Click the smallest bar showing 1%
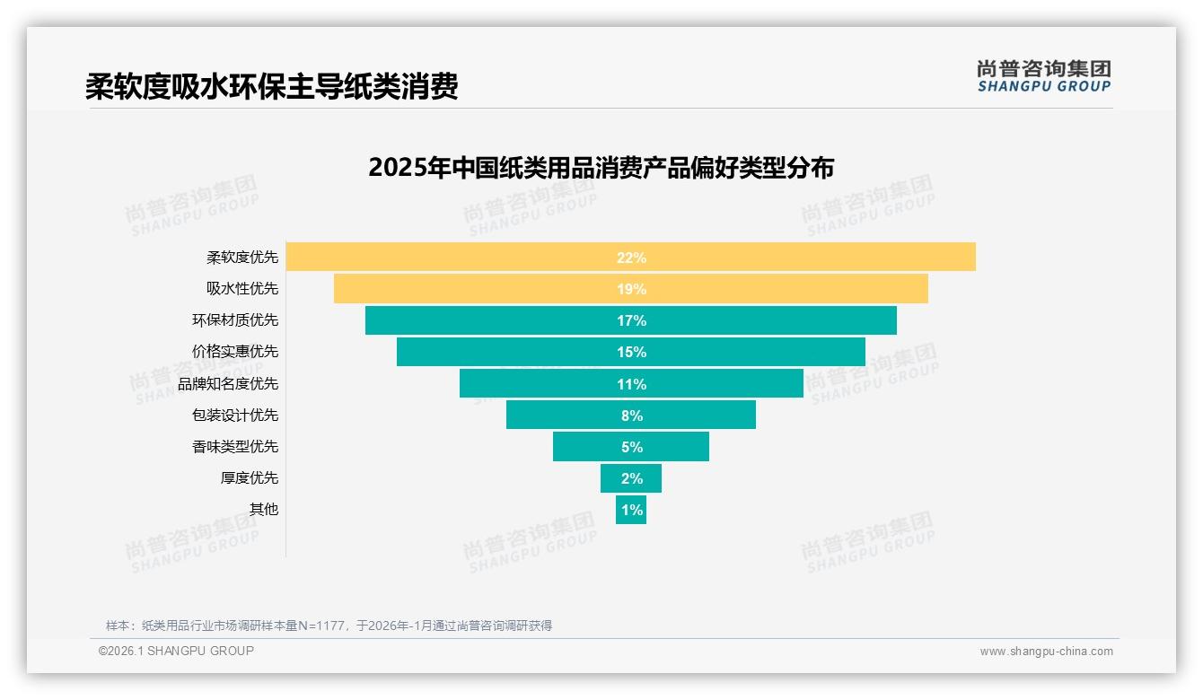(x=631, y=510)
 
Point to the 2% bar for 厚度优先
(x=631, y=478)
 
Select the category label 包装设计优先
(x=235, y=415)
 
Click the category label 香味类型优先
(x=235, y=446)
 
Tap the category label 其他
(x=264, y=509)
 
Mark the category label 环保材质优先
(x=235, y=320)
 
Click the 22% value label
(x=631, y=258)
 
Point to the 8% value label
(x=631, y=416)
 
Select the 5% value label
(x=631, y=447)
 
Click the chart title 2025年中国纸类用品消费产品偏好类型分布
(x=601, y=168)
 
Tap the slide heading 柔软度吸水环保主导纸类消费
(x=272, y=86)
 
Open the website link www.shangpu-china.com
(x=1046, y=652)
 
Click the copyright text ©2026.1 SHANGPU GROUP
(x=176, y=651)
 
